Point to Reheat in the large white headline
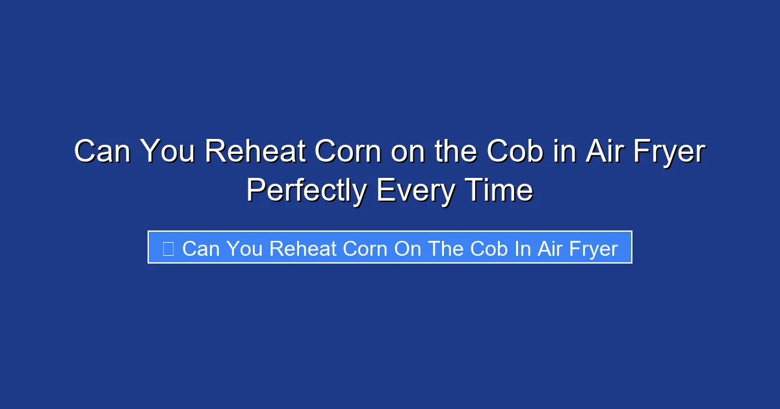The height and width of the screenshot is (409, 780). [x=256, y=152]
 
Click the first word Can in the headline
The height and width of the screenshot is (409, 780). [x=101, y=152]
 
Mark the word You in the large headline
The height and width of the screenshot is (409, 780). [x=167, y=152]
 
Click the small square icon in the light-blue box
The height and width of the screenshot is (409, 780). [x=168, y=249]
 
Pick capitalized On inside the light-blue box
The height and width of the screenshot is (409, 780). [x=408, y=249]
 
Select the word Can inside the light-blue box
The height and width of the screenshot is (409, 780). [x=200, y=249]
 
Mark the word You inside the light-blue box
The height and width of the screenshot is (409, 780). [x=243, y=249]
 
